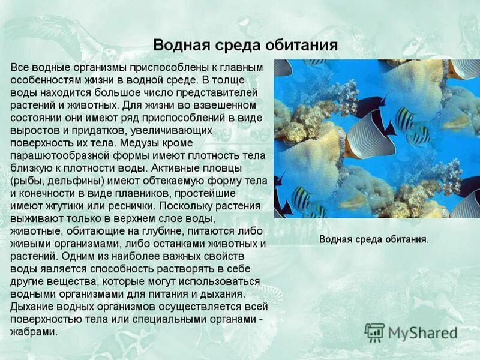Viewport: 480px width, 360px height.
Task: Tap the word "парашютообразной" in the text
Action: click(58, 156)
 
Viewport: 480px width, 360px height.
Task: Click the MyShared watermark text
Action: click(422, 332)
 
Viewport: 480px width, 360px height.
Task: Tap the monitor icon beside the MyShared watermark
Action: click(375, 332)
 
